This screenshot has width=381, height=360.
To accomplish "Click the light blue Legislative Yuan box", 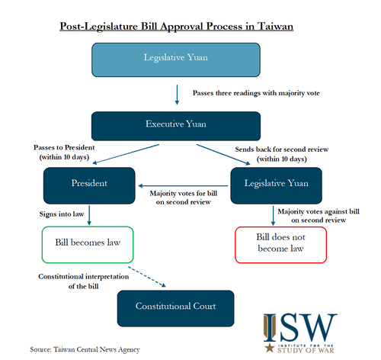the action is coord(176,59).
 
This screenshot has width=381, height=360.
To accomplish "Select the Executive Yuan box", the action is coord(176,126).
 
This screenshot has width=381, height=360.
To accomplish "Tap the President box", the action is coord(89,185).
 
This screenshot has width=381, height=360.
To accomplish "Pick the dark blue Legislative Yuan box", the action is coord(277,185).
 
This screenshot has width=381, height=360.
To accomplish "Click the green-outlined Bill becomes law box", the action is coord(88,245).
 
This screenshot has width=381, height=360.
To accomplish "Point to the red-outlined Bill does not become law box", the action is coord(280,245).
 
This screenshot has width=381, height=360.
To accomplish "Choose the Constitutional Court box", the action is coord(175,308).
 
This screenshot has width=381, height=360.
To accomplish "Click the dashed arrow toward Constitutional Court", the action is coord(147,277).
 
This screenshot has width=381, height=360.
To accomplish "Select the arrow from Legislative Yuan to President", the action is coord(183,186).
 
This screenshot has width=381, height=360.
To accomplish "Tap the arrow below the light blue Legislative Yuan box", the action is coord(177,95).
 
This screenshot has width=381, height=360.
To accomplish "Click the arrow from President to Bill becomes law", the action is coord(89,215).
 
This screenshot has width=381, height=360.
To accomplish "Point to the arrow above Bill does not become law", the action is coord(273,216).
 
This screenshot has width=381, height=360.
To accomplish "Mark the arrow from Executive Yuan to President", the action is coord(126,154).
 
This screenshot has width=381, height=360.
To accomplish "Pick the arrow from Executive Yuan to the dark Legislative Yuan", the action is coord(223,155).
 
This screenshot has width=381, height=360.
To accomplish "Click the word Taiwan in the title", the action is coord(275,27).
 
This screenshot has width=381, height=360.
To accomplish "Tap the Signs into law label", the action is coord(62,214).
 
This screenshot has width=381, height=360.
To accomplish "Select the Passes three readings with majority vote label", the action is coord(256,93).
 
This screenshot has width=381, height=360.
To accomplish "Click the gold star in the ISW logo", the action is coord(270,348).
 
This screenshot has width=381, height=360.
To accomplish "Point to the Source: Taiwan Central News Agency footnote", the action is coord(85,350).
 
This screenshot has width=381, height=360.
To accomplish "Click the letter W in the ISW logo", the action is coord(322,327).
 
